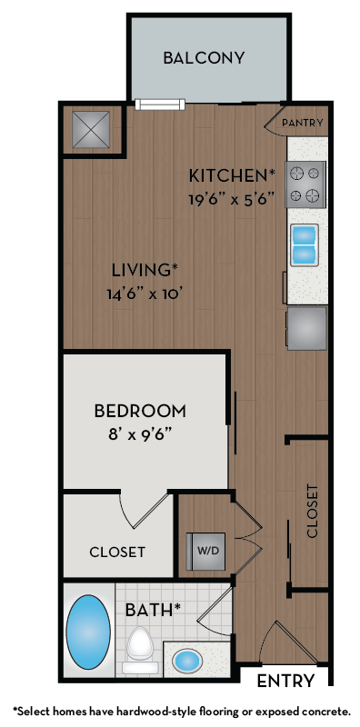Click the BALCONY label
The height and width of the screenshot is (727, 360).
[x=204, y=58]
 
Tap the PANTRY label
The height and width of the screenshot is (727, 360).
[x=304, y=123]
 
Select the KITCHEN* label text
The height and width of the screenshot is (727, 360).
[x=232, y=174]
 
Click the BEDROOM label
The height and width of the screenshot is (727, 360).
[x=140, y=411]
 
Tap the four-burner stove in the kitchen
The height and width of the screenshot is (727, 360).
[x=306, y=184]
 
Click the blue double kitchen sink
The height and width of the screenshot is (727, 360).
[x=304, y=244]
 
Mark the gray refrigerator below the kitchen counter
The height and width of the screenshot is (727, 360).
[x=306, y=328]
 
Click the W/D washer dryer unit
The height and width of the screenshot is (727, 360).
[x=206, y=551]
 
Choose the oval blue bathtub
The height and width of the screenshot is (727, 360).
[x=88, y=632]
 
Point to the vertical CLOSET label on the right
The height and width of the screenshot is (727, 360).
[x=313, y=511]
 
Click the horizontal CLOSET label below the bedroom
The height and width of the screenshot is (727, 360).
[x=117, y=552]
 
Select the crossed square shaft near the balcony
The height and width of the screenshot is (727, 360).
[x=91, y=130]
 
